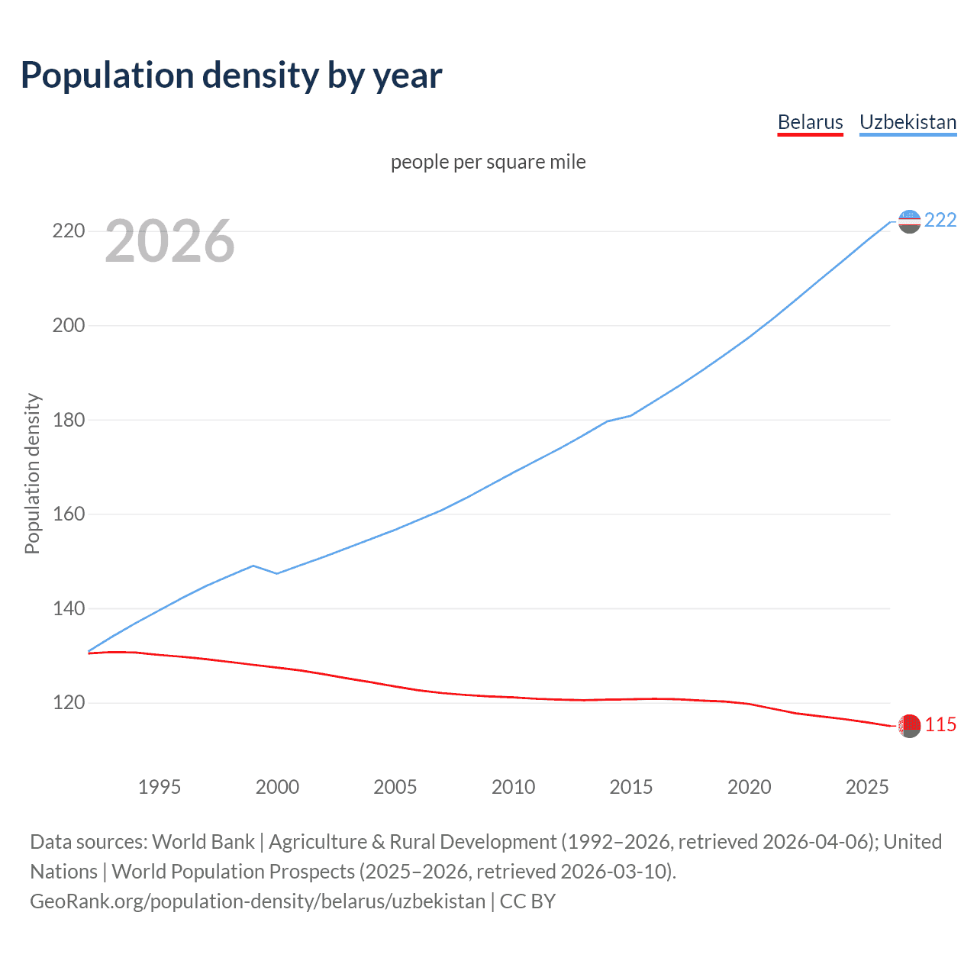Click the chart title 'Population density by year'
click(231, 76)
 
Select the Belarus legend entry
click(810, 122)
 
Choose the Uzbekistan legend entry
click(908, 122)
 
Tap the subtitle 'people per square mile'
click(488, 162)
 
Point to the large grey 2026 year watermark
click(169, 241)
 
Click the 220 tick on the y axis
click(68, 231)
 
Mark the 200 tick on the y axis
click(68, 325)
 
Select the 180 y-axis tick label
click(68, 420)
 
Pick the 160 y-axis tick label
click(68, 514)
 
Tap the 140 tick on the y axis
click(68, 608)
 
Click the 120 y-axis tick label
click(68, 703)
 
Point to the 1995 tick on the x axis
click(159, 787)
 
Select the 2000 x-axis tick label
click(277, 787)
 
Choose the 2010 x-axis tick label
click(513, 787)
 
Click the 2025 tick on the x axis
click(867, 787)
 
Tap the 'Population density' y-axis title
click(32, 473)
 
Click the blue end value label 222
click(940, 221)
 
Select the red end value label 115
click(940, 725)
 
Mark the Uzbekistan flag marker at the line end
click(909, 221)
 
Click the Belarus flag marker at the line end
click(909, 726)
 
